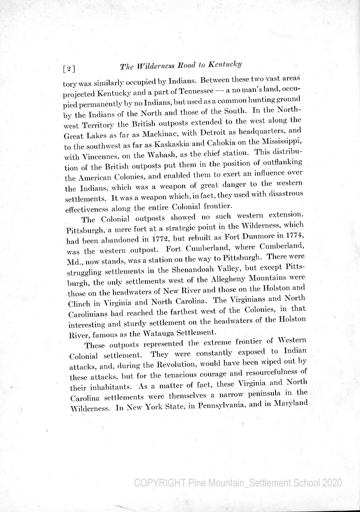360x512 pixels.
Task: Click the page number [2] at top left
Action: click(69, 68)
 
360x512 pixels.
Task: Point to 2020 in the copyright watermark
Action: click(329, 483)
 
